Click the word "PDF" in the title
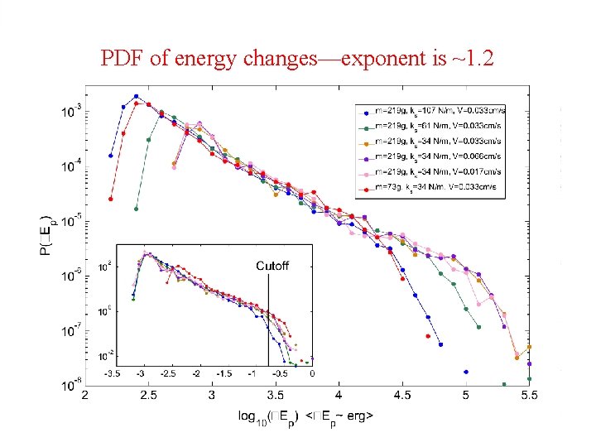point(118,58)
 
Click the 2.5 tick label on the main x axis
point(148,397)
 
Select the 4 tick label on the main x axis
point(339,397)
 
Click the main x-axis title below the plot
point(306,416)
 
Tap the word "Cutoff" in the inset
point(272,266)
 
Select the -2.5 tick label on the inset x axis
point(168,374)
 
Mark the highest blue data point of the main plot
point(136,96)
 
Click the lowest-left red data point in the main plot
point(110,199)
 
